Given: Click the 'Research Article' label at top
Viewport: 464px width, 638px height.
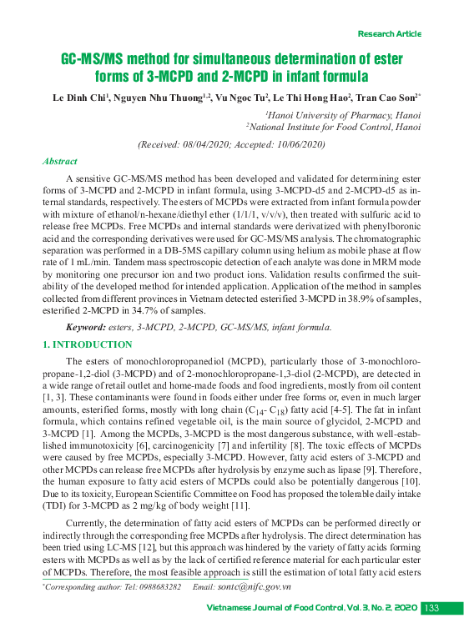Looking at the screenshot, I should click(389, 33).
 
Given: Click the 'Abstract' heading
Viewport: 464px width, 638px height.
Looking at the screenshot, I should click(59, 162).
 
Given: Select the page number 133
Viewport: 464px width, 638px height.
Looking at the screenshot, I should click(431, 609).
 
